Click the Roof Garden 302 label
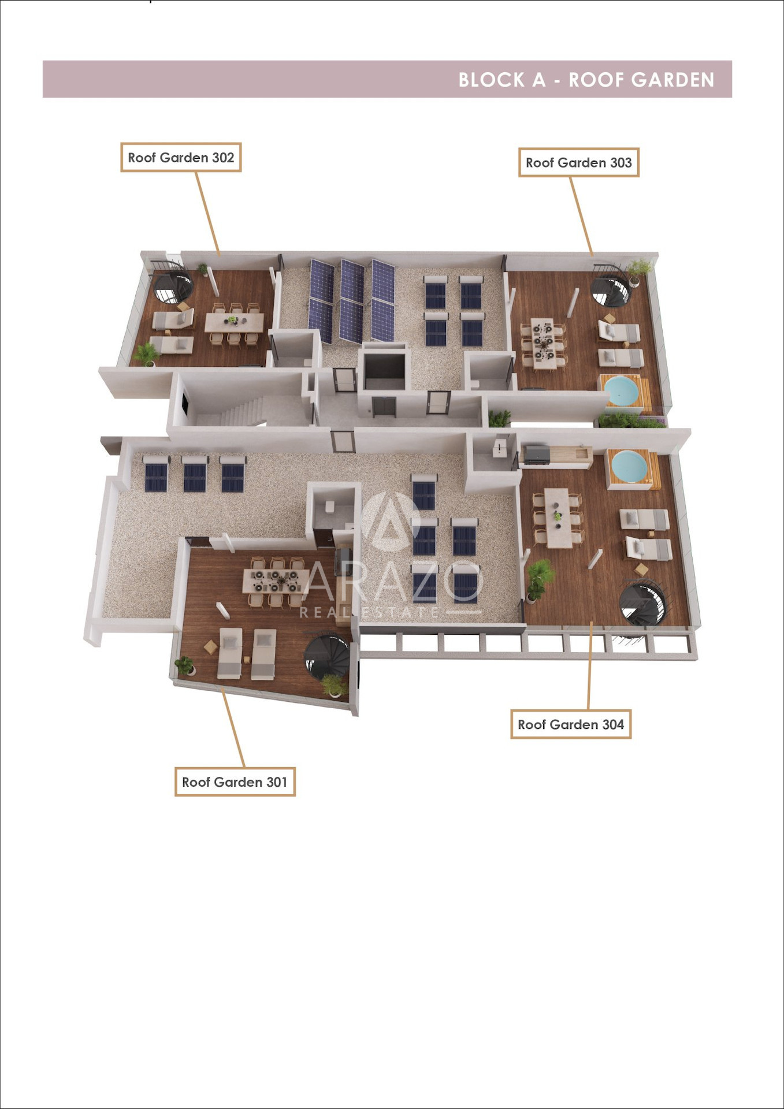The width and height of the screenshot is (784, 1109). point(181,157)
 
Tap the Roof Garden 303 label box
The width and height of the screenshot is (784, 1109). point(578,162)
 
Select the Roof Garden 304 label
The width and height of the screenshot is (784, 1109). point(571,724)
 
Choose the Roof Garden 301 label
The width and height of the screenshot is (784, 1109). point(235,782)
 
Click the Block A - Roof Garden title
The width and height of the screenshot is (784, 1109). point(586,80)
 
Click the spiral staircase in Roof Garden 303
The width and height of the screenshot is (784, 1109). point(611,286)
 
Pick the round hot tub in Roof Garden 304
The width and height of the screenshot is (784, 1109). point(630,466)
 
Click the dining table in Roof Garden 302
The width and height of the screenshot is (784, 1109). point(234,322)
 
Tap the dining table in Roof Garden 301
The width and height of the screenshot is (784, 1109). point(276,580)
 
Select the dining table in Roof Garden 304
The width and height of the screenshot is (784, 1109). point(558,518)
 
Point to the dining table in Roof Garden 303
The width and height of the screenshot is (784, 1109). point(544,343)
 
